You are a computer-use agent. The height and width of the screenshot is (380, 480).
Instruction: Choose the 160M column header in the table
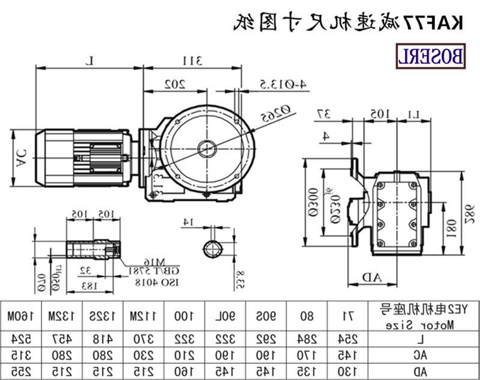click(20, 315)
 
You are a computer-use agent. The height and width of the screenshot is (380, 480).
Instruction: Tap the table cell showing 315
click(20, 356)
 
